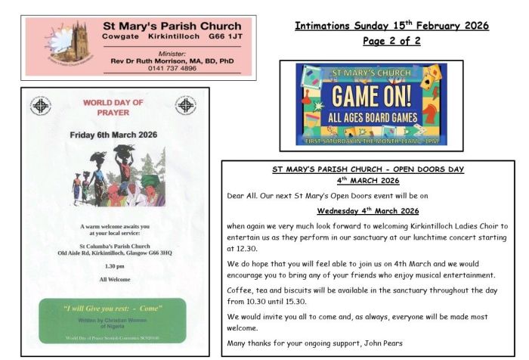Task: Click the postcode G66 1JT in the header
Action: [226, 36]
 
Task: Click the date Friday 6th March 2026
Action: [113, 135]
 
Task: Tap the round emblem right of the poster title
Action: [184, 105]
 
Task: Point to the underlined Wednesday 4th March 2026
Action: [367, 211]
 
